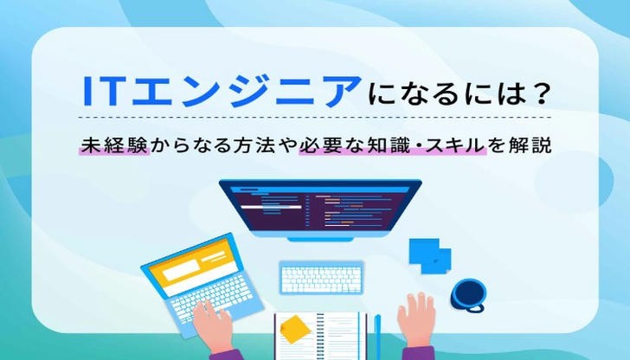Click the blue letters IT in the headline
coord(102,91)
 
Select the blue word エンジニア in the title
coord(246,91)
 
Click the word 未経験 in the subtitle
coord(114,145)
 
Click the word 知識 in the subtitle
coord(389,145)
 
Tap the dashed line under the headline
coord(315,118)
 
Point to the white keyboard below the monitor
coord(321,278)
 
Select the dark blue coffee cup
coord(468,294)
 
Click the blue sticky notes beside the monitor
coord(430,255)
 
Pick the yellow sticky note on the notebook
coord(294,330)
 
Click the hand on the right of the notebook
coord(416,321)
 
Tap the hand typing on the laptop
coord(211,325)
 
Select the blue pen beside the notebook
coord(377,337)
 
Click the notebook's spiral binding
coord(320,337)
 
